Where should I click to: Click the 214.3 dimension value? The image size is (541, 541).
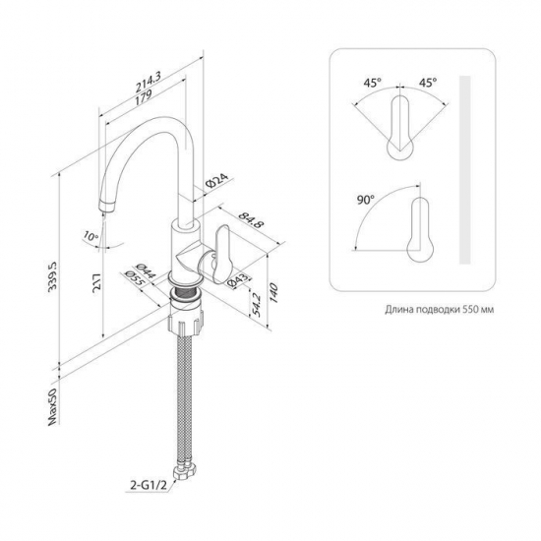coord(149,84)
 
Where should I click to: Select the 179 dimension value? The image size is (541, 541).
coord(144,96)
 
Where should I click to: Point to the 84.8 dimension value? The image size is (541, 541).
coord(252,219)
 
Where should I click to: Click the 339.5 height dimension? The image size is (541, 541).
coord(53,276)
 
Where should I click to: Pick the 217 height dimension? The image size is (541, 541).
coord(97,283)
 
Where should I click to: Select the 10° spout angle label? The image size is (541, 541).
coord(90,236)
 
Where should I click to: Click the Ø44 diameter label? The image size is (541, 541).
coord(146,271)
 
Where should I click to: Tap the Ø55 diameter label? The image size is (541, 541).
coord(134,278)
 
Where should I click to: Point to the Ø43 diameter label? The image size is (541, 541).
coord(238,280)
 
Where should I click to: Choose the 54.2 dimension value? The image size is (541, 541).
coord(256,305)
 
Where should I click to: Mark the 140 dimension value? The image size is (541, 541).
coord(273,292)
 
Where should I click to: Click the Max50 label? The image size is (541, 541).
coord(52,407)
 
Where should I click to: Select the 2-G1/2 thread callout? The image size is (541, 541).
coord(149,485)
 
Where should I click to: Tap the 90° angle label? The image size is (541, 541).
coord(365,200)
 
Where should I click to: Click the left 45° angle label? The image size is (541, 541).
coord(372,83)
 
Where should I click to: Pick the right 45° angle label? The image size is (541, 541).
coord(428,83)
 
